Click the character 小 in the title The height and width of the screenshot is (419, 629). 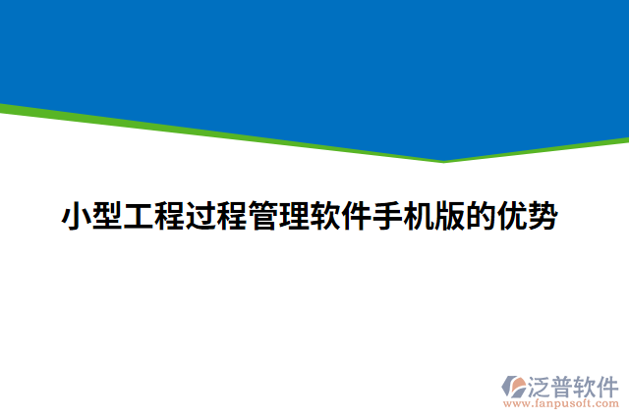click(x=78, y=216)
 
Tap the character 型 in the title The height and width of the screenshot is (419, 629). click(x=108, y=216)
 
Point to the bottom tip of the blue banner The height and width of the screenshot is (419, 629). click(x=444, y=161)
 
